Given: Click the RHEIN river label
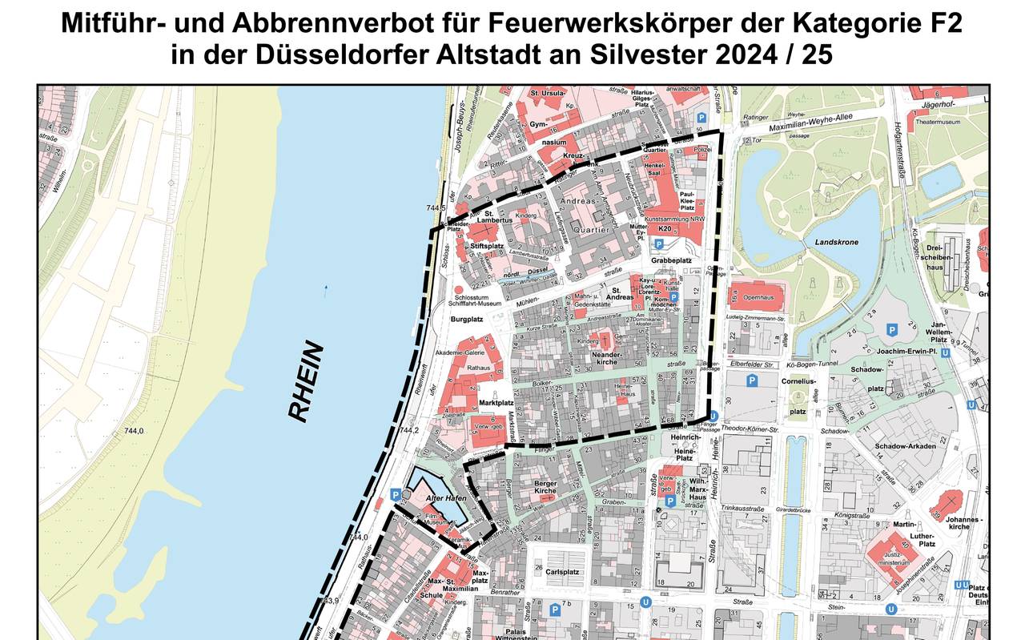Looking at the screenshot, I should point(307,383).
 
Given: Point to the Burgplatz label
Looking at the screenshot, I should point(469,318).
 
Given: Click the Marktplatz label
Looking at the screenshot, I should point(496,403).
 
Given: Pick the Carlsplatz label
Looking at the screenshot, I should point(562,573).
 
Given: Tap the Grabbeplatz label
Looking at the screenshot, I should point(671,260).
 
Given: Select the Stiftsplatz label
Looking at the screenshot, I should point(487,246).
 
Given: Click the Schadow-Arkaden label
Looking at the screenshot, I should point(906,446).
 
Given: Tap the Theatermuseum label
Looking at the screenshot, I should point(938,122).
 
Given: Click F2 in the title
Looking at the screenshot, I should point(945,23).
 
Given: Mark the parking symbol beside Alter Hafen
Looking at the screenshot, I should point(395,494).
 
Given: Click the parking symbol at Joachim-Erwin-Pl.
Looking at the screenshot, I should point(890,329).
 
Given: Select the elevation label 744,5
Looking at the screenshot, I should point(436,208).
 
